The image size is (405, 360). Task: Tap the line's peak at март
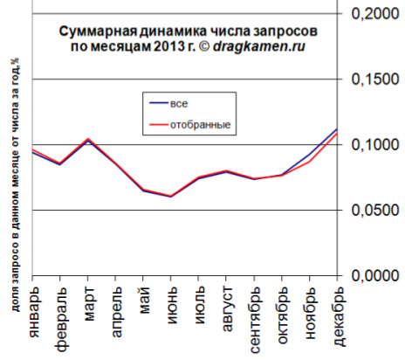click(88, 139)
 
